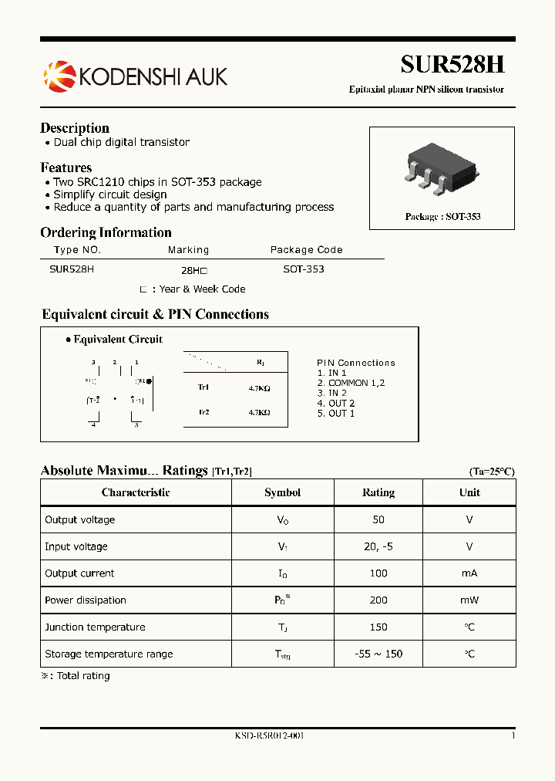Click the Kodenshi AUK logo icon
tap(59, 76)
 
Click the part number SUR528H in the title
tap(452, 65)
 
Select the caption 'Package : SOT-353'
tap(442, 217)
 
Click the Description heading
tap(75, 128)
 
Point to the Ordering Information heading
tap(106, 232)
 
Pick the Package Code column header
tap(306, 249)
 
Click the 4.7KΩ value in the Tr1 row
tap(259, 388)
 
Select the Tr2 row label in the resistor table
tap(203, 412)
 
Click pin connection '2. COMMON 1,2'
tap(351, 383)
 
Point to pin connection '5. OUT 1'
tap(336, 414)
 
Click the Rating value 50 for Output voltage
tap(378, 519)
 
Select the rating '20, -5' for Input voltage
tap(378, 546)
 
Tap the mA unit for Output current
tap(469, 573)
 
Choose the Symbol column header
tap(282, 492)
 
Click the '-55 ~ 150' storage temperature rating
tap(378, 654)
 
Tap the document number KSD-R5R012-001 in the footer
tap(269, 736)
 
